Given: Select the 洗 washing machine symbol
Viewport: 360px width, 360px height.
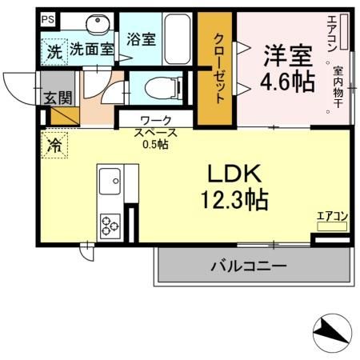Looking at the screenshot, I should point(53,51).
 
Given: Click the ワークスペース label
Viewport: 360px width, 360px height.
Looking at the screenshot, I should point(155,128).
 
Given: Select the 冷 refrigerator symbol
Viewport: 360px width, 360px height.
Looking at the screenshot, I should point(54,146).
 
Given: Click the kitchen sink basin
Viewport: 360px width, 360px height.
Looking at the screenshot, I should point(110,185).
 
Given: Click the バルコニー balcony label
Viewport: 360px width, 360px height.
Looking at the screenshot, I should point(248,265).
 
